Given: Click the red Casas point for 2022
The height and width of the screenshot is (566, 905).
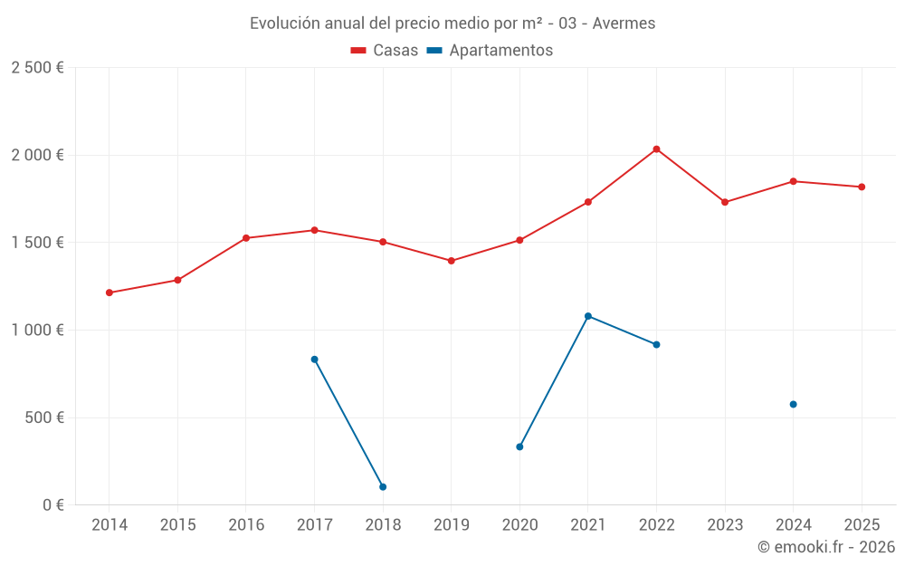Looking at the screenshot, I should click(x=656, y=149).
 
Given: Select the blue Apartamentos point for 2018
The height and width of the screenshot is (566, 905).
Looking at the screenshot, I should click(x=383, y=487).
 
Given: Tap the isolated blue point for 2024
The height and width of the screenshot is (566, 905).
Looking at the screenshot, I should click(x=793, y=404).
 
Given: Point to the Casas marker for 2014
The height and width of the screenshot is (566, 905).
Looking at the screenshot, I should click(x=110, y=293).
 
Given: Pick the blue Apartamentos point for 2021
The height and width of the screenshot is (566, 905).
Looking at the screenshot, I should click(x=588, y=316).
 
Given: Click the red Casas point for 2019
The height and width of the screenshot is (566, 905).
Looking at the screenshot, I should click(x=452, y=261).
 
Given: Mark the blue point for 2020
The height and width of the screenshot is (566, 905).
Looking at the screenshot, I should click(x=519, y=446).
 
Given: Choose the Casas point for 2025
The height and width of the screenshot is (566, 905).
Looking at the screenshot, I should click(x=862, y=187).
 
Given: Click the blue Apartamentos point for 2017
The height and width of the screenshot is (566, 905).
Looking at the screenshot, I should click(x=314, y=360).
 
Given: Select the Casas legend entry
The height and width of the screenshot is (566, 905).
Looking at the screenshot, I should click(x=385, y=51).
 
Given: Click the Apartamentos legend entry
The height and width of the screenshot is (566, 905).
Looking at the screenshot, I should click(x=490, y=51).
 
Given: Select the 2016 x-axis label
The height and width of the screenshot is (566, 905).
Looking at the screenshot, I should click(x=246, y=525).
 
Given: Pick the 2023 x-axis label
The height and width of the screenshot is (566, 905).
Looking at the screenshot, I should click(x=725, y=525).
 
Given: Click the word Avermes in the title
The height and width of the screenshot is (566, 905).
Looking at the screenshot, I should click(x=624, y=24).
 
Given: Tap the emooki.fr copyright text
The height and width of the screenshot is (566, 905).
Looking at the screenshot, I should click(x=825, y=547).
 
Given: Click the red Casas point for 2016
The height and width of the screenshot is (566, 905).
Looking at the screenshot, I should click(x=246, y=238).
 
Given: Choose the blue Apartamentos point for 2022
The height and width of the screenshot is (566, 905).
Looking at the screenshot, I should click(x=656, y=344).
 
